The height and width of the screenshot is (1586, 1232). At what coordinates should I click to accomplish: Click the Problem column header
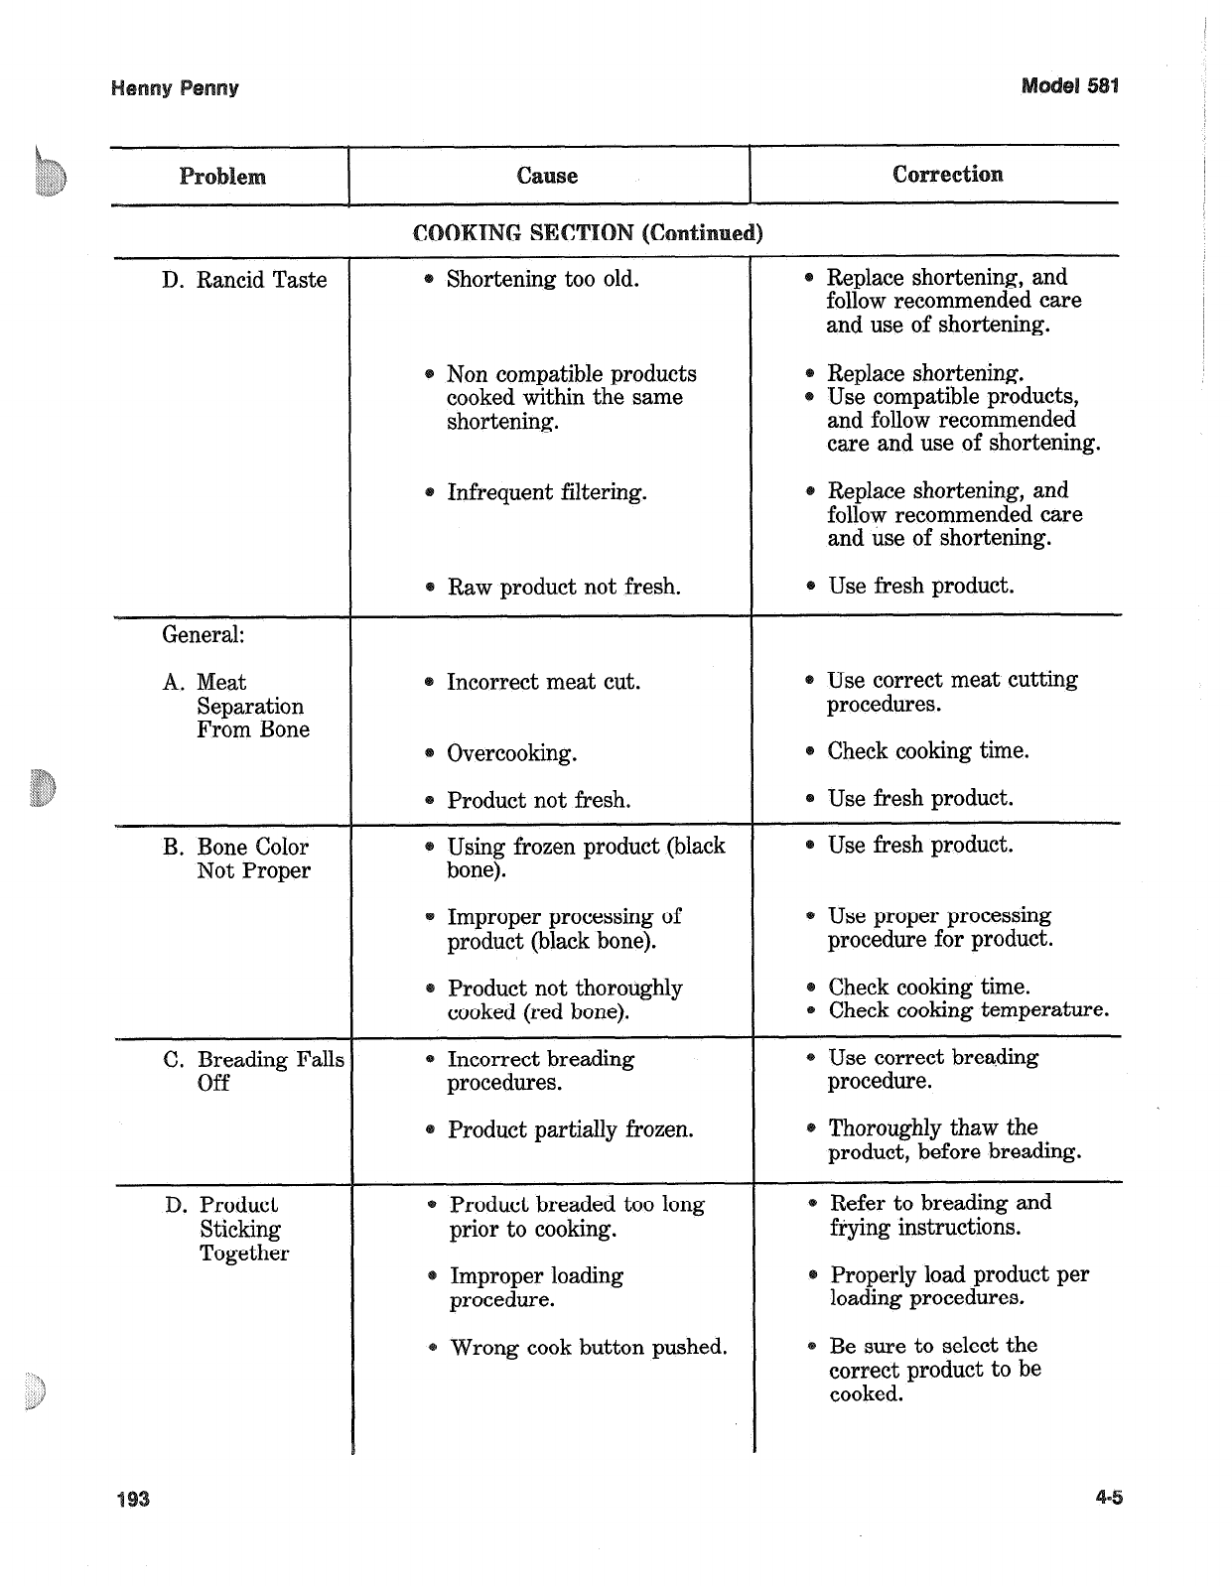(x=222, y=177)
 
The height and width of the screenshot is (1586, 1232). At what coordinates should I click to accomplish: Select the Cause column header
(x=547, y=176)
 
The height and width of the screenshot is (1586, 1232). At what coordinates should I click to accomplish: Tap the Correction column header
(x=947, y=175)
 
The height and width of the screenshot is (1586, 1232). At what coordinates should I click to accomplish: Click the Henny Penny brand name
(x=175, y=88)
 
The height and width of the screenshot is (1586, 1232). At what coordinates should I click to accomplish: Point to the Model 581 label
(x=1070, y=85)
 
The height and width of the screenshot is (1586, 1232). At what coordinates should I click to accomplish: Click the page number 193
(x=131, y=1498)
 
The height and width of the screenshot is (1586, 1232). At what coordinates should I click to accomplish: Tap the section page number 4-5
(x=1109, y=1498)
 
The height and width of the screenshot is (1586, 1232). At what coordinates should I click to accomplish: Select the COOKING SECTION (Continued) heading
(x=588, y=233)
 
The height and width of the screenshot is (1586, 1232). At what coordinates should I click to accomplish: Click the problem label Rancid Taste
(x=244, y=280)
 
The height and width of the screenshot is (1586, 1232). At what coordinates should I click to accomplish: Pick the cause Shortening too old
(x=542, y=279)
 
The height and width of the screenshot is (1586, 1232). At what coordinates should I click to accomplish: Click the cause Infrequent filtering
(x=546, y=492)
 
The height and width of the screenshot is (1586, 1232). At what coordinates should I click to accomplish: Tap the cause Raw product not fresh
(x=563, y=587)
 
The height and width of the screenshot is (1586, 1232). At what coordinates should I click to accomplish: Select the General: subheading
(x=204, y=634)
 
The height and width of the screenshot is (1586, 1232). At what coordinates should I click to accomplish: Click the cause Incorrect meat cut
(x=543, y=682)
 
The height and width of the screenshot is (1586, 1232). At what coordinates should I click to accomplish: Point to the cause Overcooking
(x=511, y=753)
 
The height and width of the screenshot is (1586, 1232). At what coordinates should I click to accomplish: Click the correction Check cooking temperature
(x=968, y=1010)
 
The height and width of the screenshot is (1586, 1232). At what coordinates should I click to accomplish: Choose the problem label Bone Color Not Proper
(x=252, y=859)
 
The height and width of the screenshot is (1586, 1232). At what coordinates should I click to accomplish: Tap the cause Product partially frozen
(x=570, y=1129)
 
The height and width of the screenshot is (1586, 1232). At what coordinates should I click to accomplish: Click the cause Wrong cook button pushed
(x=588, y=1347)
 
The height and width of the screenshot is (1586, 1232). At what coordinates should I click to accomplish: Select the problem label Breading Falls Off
(x=253, y=1071)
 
